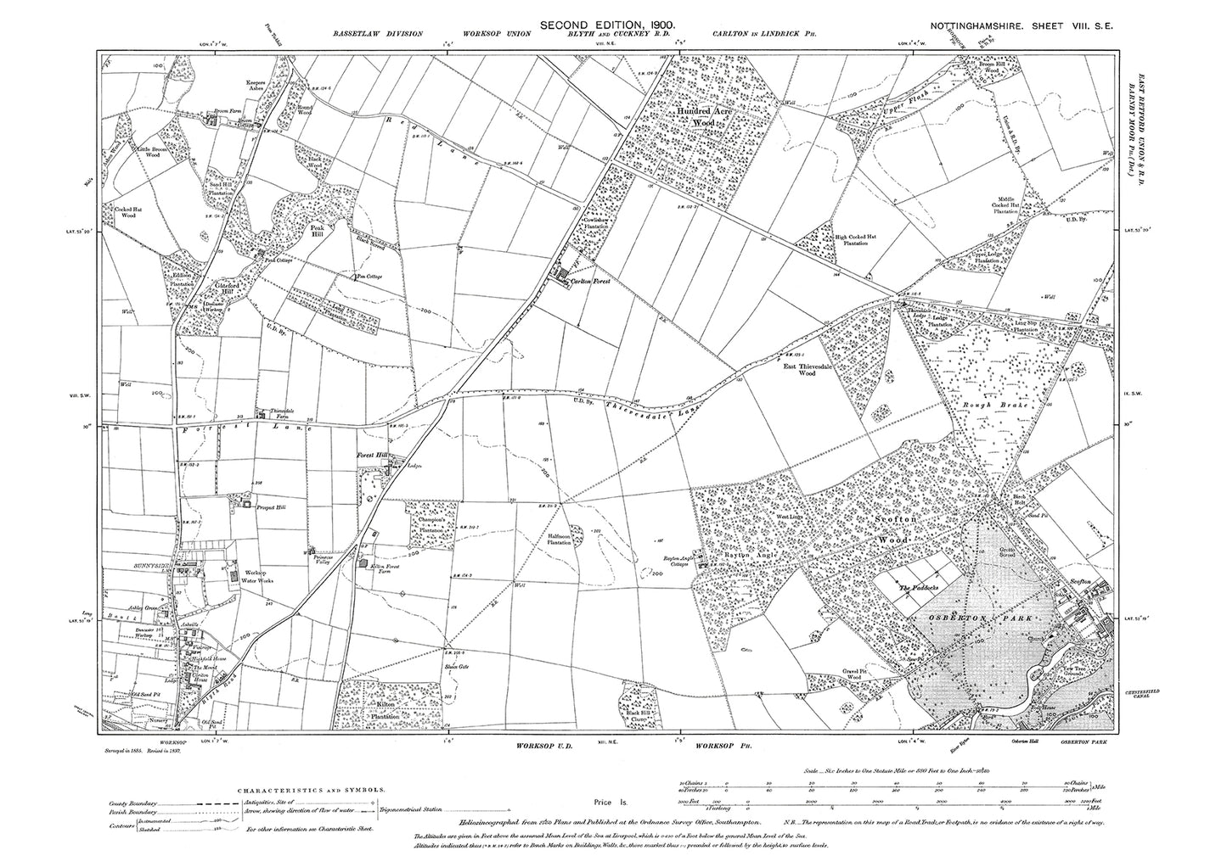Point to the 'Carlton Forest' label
[x=593, y=280]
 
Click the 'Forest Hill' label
[x=370, y=456]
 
